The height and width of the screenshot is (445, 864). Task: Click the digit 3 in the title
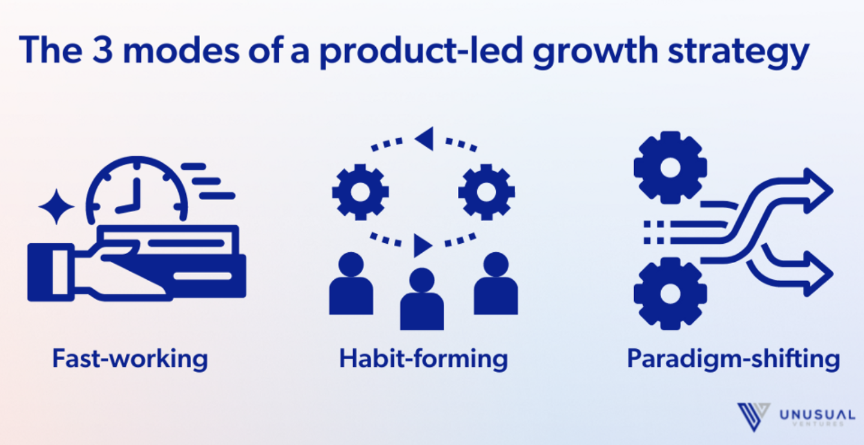pos(103,49)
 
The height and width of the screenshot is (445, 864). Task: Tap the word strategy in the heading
pos(738,53)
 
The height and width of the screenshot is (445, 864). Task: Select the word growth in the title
pos(595,52)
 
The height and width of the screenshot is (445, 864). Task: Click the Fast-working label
pos(130,359)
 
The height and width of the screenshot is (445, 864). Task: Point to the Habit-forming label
pos(423,359)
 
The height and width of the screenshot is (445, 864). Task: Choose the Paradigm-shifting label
pos(734,359)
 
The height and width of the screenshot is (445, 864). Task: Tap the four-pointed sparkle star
pos(56,207)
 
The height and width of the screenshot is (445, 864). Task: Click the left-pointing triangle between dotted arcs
pos(424,139)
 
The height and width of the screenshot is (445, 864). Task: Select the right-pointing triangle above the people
pos(423,246)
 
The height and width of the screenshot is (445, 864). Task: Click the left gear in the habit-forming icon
pos(360,192)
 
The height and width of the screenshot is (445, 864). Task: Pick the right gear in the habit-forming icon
pos(486,192)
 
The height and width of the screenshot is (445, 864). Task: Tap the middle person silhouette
pos(422,299)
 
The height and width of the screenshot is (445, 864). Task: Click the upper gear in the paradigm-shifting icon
pos(670,168)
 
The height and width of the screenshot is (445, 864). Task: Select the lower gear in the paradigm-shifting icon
pos(670,293)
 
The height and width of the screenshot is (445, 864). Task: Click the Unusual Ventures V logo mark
pos(754,417)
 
